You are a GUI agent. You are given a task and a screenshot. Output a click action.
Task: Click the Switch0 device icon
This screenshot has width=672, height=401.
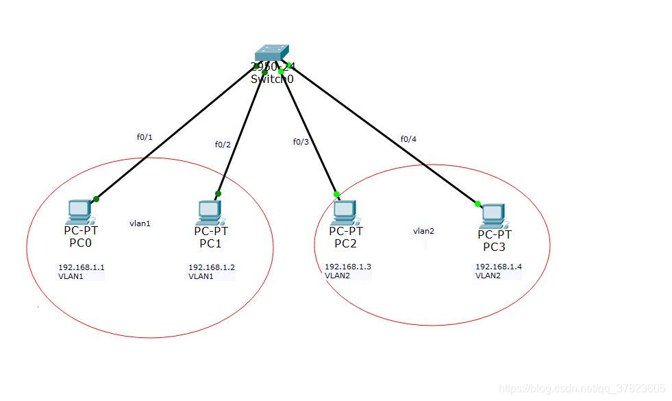(x=271, y=54)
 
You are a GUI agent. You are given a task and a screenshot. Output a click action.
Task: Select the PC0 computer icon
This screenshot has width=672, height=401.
(x=79, y=212)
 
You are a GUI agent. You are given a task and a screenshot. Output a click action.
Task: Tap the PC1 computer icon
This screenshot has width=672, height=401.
(x=209, y=212)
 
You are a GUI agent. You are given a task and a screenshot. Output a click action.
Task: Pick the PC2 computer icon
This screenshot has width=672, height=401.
(x=344, y=212)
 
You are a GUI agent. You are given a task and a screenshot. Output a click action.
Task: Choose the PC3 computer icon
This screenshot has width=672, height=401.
(x=493, y=216)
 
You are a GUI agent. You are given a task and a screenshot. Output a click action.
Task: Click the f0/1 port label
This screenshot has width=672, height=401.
(x=145, y=137)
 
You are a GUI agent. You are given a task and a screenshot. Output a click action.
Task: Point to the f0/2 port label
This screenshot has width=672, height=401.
(x=223, y=145)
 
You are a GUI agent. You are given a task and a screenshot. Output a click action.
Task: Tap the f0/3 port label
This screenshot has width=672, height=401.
(x=301, y=142)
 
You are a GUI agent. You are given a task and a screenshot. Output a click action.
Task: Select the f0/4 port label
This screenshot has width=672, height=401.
(x=408, y=139)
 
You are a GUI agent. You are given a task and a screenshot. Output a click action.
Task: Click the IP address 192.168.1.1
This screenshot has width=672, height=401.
(x=82, y=267)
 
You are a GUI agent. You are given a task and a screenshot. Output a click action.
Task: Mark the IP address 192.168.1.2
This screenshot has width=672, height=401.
(x=212, y=267)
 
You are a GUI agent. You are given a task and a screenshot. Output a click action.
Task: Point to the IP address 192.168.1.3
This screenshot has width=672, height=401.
(x=348, y=267)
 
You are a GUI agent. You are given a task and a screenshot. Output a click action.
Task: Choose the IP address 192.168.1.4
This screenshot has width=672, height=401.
(x=499, y=267)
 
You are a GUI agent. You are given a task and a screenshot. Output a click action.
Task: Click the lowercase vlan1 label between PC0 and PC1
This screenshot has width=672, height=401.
(x=140, y=223)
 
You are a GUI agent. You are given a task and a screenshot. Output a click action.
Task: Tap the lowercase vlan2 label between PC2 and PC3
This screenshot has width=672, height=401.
(x=423, y=231)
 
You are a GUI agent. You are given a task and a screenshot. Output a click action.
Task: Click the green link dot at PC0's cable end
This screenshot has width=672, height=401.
(x=96, y=199)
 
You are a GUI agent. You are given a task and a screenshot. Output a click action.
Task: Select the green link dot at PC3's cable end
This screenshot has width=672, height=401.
(x=477, y=203)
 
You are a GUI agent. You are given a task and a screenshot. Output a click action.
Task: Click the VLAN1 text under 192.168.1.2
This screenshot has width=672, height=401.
(x=201, y=276)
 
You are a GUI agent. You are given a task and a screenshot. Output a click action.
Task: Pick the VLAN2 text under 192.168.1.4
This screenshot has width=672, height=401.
(x=488, y=276)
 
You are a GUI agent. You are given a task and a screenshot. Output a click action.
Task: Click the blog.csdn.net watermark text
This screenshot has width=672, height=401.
(x=582, y=389)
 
